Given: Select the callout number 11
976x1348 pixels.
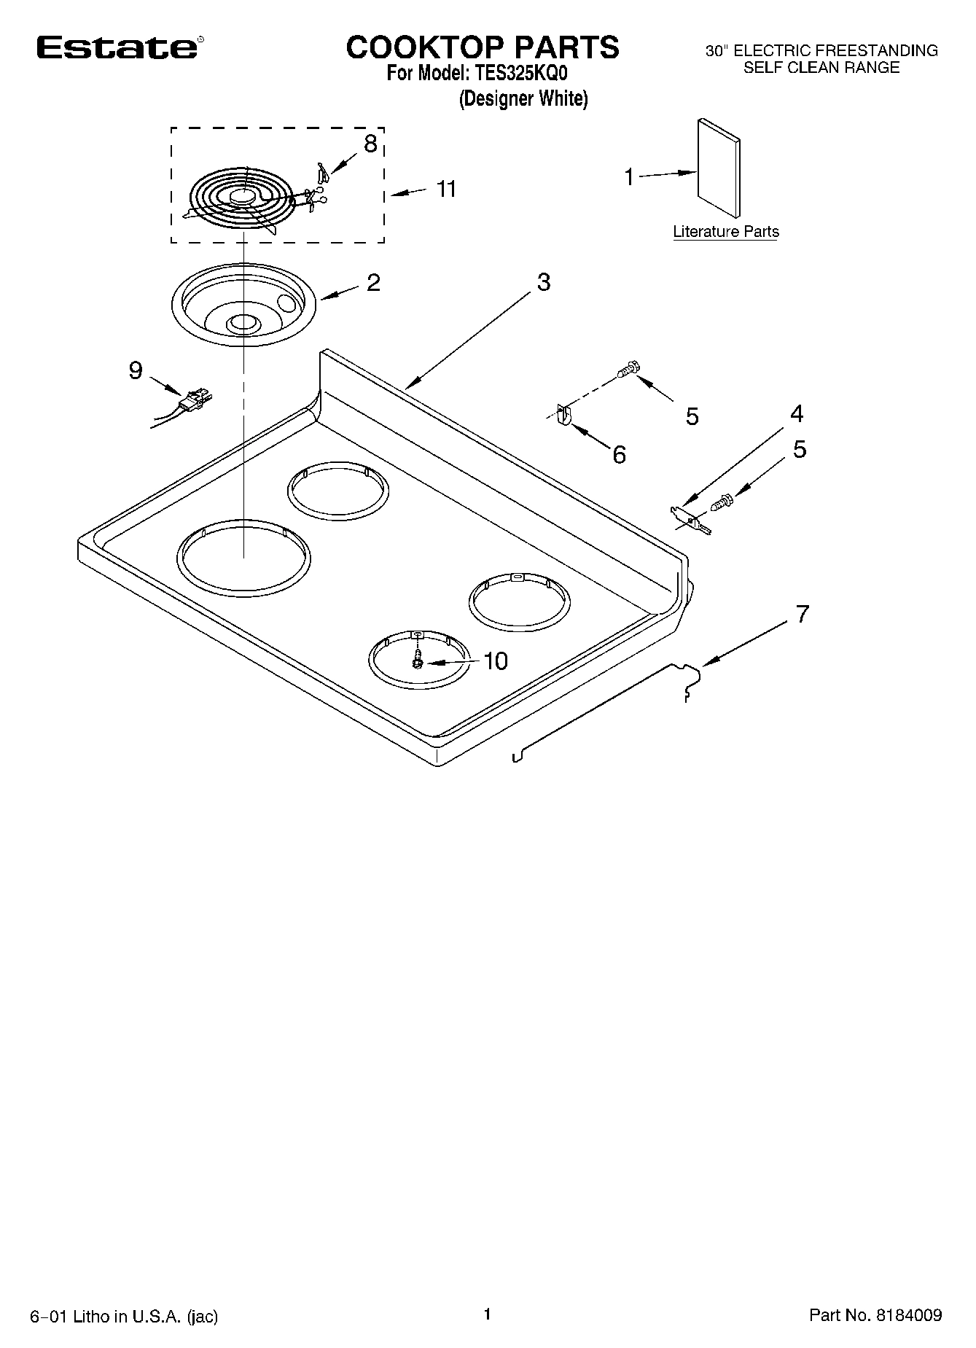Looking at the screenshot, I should click(445, 189).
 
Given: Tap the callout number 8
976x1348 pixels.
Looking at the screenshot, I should click(370, 144).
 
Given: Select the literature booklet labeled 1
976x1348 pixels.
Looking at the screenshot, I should click(719, 169).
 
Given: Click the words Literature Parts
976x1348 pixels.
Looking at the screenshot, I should click(725, 232).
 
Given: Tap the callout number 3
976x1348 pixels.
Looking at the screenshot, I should click(544, 282).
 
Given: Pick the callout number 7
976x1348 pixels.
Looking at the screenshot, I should click(802, 614).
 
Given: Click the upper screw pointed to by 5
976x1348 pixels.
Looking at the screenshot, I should click(628, 370).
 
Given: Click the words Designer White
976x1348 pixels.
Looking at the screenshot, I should click(523, 98).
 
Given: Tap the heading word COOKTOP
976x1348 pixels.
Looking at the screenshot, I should click(423, 47).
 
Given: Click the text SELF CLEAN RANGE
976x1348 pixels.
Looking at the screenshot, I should click(821, 68).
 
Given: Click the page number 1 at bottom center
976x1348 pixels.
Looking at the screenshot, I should click(488, 1314).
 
